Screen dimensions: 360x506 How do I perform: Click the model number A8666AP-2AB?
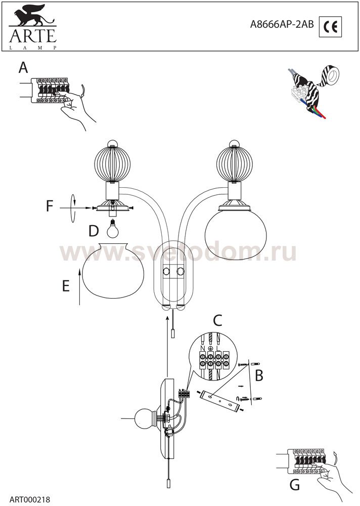[x=282, y=25]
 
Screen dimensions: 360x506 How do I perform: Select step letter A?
[x=23, y=68]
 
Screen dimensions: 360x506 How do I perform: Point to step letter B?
[x=259, y=375]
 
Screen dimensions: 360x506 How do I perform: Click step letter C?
[x=218, y=321]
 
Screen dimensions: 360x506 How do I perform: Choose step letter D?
[x=94, y=231]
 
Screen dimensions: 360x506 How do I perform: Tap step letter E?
[x=66, y=286]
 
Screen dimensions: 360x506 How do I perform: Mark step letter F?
[x=49, y=206]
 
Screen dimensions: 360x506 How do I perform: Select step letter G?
[x=295, y=485]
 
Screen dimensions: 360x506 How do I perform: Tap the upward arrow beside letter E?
[x=79, y=287]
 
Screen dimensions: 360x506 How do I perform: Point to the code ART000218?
[x=30, y=499]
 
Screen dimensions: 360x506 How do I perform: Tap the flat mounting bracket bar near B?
[x=220, y=400]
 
